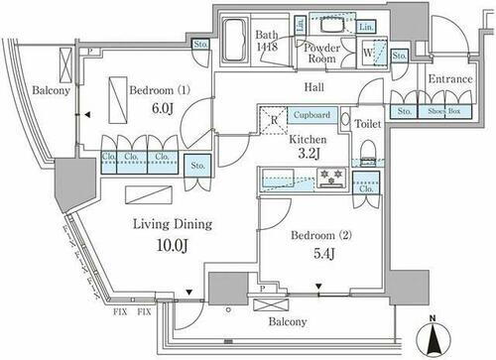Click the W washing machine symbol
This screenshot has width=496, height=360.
point(369,52)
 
